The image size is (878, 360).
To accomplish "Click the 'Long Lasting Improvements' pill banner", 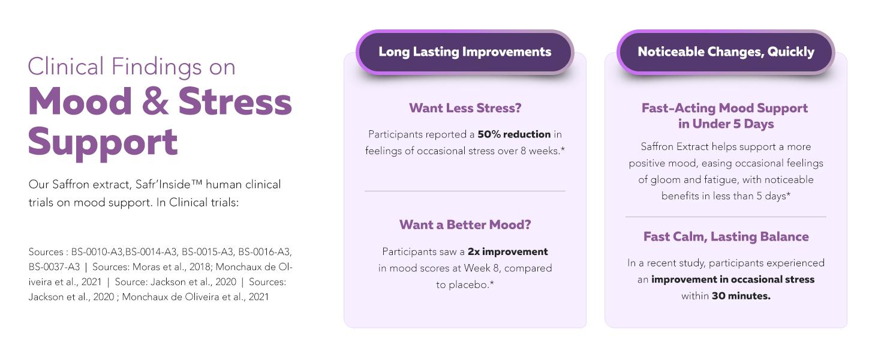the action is (465, 52).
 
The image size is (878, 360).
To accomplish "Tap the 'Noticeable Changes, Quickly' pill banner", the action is (726, 52).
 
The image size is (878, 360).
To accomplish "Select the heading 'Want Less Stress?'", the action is (465, 108).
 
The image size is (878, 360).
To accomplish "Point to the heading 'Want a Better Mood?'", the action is (465, 225).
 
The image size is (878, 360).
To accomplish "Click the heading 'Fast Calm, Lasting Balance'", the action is (726, 236).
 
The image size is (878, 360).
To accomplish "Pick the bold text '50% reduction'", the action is (514, 134).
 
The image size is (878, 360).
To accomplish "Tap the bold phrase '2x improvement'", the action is (507, 251).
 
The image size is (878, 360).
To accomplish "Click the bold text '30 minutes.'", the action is (741, 296).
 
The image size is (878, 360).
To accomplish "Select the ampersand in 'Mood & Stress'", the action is (155, 102).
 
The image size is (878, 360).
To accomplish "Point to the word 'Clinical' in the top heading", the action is (66, 66).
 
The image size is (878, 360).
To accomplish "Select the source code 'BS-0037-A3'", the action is (54, 267).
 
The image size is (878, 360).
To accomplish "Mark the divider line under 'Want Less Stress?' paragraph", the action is (465, 191).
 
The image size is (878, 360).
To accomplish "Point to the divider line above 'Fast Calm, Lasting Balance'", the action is (726, 217).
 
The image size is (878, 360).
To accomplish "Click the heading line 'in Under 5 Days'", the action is (726, 124).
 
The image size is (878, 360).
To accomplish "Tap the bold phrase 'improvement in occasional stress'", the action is (733, 279).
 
